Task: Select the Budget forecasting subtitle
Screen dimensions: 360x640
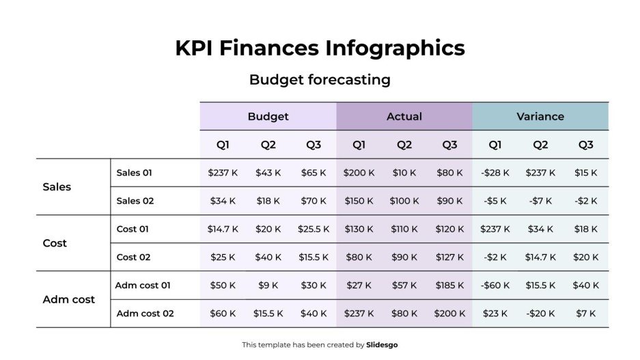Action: tap(320, 80)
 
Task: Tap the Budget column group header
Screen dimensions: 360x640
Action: tap(268, 117)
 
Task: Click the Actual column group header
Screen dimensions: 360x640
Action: tap(404, 117)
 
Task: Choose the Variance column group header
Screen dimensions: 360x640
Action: tap(540, 117)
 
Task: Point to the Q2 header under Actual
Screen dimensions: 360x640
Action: tap(404, 145)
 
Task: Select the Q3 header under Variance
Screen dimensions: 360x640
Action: tap(586, 145)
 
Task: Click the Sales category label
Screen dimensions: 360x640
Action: tap(57, 187)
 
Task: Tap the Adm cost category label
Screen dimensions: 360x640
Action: tap(69, 300)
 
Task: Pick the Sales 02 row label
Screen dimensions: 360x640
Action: tap(135, 201)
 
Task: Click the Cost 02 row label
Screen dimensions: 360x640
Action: tap(134, 258)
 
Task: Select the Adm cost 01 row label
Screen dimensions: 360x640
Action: tap(143, 286)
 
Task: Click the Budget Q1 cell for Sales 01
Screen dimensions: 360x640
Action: tap(223, 173)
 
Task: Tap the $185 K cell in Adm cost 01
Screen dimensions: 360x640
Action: tap(449, 286)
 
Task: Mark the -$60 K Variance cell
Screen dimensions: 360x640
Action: tap(495, 286)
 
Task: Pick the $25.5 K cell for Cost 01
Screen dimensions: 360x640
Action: tap(314, 230)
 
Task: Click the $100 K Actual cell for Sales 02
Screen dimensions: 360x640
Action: tap(404, 201)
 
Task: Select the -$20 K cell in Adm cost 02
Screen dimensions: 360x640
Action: tap(540, 314)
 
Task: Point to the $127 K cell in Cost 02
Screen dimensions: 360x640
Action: tap(449, 258)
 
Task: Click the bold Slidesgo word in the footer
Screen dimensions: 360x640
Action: tap(382, 345)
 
